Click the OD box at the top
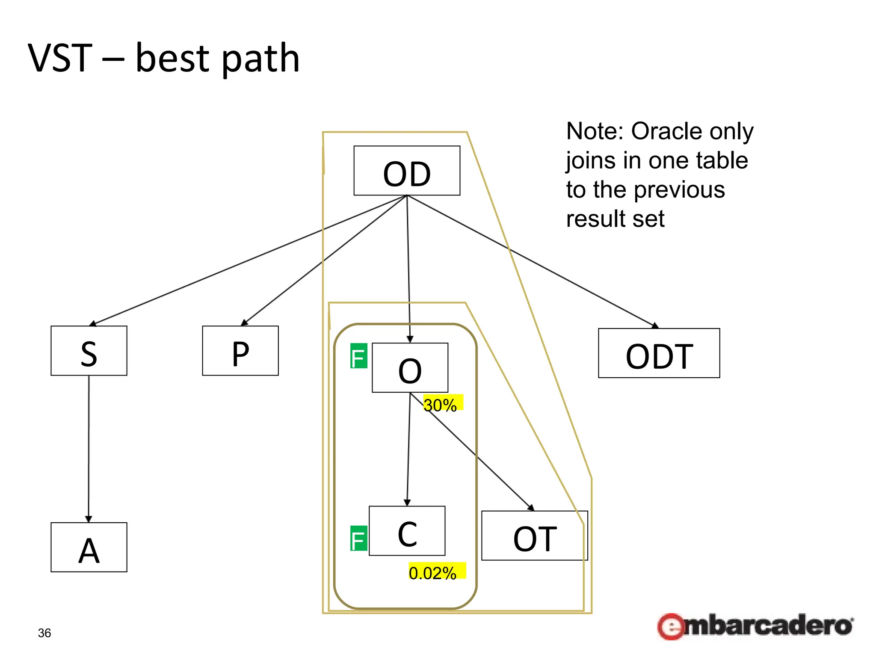(x=407, y=171)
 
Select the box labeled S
(x=89, y=351)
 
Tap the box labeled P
(x=240, y=351)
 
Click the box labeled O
(x=410, y=368)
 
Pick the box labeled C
(x=407, y=531)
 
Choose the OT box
(x=534, y=536)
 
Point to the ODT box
(x=659, y=353)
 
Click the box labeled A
(x=89, y=547)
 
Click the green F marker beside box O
(x=358, y=356)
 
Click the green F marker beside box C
(x=358, y=538)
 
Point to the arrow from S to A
(x=89, y=449)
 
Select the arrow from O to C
(x=408, y=449)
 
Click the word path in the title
(x=260, y=59)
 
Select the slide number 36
(x=44, y=633)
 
